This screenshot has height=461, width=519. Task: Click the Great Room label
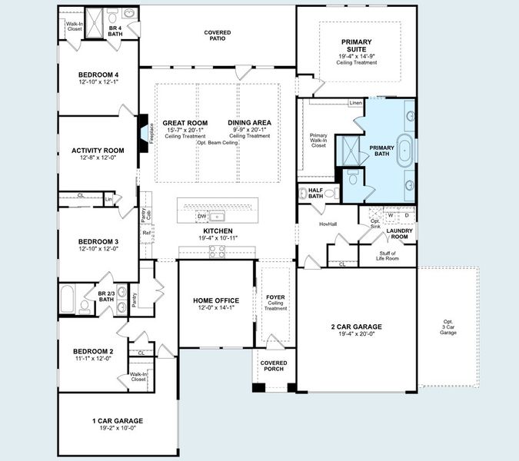(x=185, y=123)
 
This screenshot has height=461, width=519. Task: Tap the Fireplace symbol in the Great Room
(x=144, y=131)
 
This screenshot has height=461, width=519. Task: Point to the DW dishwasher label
(x=202, y=216)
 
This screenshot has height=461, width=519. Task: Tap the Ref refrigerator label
(x=146, y=232)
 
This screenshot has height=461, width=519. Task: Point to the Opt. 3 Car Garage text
(x=447, y=327)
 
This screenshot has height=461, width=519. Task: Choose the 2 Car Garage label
(x=356, y=327)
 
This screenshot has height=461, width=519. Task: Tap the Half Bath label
(x=315, y=193)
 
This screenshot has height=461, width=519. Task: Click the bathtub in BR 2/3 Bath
(x=67, y=297)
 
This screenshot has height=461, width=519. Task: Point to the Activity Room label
(x=98, y=151)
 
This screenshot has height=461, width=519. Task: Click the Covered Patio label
(x=218, y=35)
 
